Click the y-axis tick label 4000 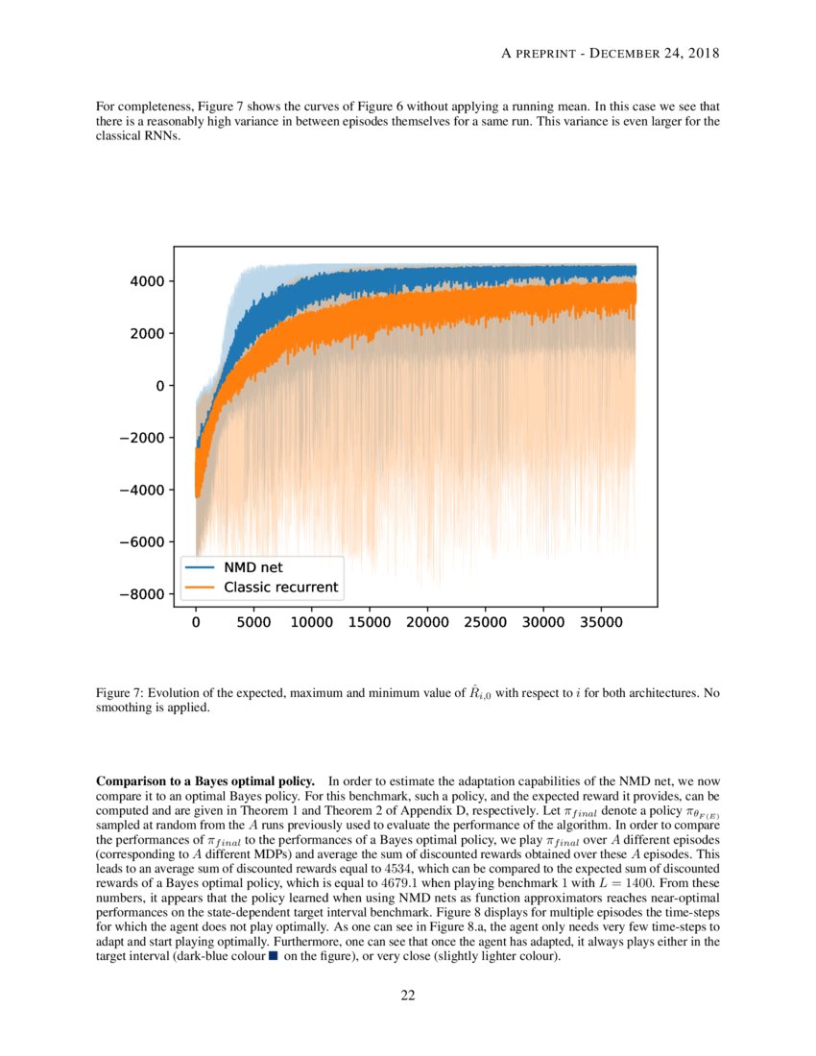147,281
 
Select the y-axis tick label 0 158,386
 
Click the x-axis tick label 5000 253,622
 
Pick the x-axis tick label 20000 427,622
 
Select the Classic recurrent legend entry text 280,587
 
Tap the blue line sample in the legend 200,566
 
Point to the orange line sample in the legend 200,587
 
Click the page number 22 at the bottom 408,996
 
